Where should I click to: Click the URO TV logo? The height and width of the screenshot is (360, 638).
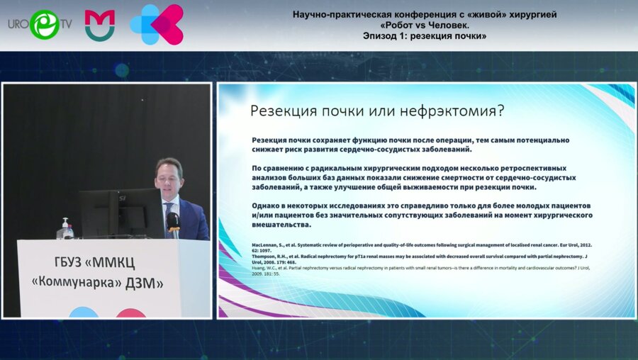[40, 23]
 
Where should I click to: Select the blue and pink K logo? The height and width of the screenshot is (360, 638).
[157, 24]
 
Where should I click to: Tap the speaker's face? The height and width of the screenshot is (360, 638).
[169, 177]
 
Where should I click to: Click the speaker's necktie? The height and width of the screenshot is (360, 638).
[170, 212]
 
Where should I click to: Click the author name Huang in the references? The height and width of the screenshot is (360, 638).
[262, 267]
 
